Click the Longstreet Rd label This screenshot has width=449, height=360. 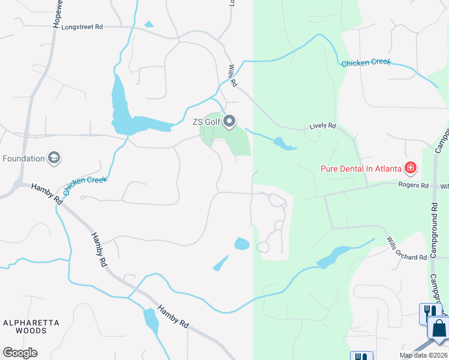tap(82, 27)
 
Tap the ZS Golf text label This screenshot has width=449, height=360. tap(206, 122)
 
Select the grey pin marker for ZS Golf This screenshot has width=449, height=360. tap(230, 122)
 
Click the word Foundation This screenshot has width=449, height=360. tap(24, 158)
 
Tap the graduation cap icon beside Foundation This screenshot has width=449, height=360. tap(54, 158)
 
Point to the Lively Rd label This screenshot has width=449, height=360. tap(322, 127)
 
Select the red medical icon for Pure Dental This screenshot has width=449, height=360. tap(411, 168)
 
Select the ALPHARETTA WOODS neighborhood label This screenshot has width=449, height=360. tap(31, 326)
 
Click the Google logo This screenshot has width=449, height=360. tap(20, 353)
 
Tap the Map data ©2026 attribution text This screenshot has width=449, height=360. tap(423, 355)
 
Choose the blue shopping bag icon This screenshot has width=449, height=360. tap(439, 328)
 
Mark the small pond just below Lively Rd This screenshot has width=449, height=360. tap(282, 143)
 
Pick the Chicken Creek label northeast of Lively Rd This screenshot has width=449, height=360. tap(366, 62)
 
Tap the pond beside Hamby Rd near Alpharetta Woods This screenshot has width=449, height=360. tap(151, 321)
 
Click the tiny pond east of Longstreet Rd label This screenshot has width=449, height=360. tap(149, 25)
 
